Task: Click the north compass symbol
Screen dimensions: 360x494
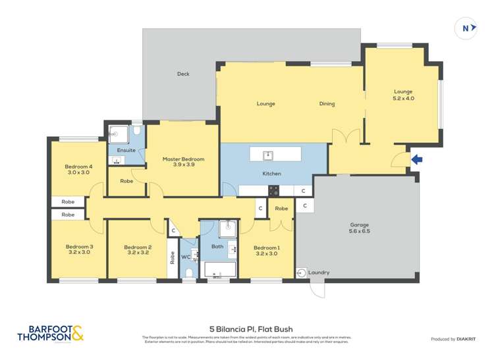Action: pos(466,28)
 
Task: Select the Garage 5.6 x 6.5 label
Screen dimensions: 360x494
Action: pos(360,228)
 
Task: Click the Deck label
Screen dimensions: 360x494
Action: pos(183,74)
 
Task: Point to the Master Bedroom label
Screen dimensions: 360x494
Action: pos(183,162)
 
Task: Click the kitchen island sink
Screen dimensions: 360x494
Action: pos(268,155)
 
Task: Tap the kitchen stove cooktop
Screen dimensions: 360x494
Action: pos(273,191)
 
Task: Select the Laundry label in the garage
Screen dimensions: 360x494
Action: pos(319,272)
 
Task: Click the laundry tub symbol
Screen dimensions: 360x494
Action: pos(302,272)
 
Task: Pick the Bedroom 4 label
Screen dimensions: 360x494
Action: pos(78,170)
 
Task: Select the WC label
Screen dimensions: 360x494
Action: pos(185,257)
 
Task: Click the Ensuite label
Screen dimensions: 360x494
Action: pos(126,150)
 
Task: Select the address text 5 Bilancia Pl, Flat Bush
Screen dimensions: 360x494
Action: pos(251,329)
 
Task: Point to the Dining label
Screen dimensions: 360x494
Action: pos(327,103)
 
